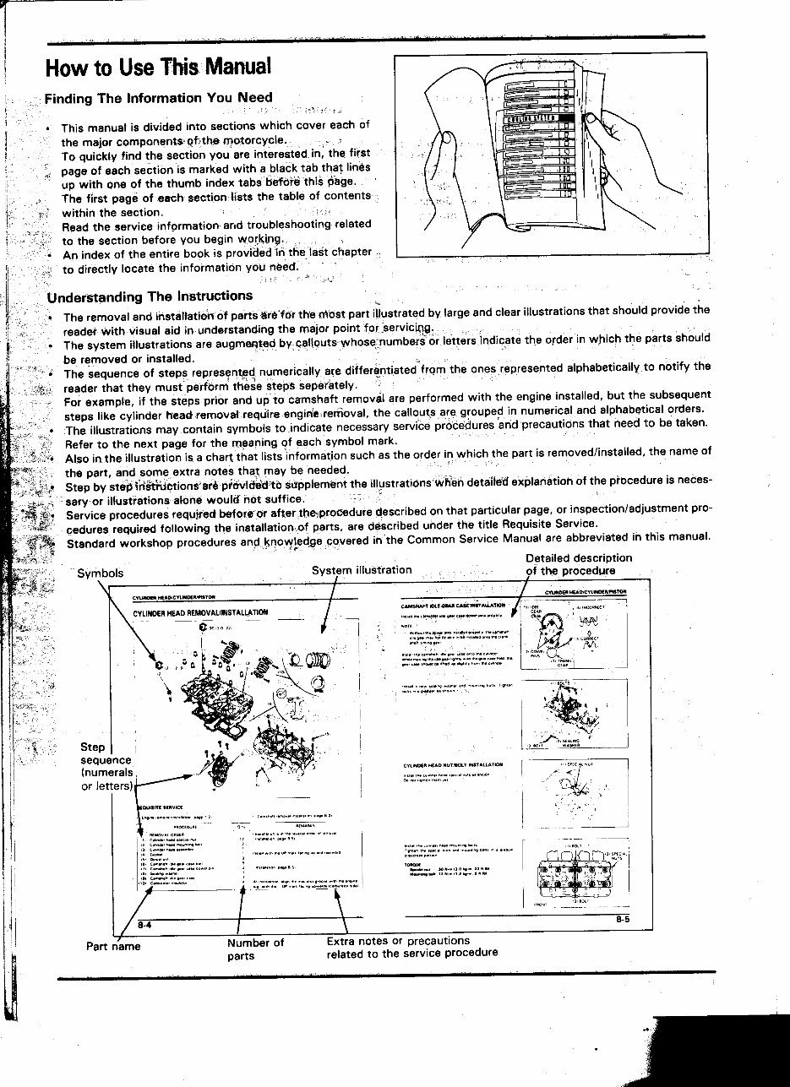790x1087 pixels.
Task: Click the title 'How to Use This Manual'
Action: (x=158, y=66)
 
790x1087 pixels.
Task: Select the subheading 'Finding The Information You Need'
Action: (x=158, y=98)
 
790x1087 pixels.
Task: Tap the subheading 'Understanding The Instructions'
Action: (x=150, y=296)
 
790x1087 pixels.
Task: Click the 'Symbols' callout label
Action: (x=100, y=573)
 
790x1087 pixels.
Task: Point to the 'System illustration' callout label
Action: (x=362, y=570)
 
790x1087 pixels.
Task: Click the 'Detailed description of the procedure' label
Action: (x=578, y=564)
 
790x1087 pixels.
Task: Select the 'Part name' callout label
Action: (x=113, y=946)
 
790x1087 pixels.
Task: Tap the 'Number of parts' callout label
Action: (x=255, y=949)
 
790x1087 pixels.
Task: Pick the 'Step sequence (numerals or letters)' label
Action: (x=106, y=766)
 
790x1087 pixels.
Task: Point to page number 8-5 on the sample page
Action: (x=622, y=920)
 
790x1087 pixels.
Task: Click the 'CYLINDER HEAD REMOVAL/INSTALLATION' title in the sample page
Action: (x=200, y=612)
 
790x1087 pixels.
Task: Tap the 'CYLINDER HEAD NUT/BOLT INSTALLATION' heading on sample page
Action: (x=453, y=765)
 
